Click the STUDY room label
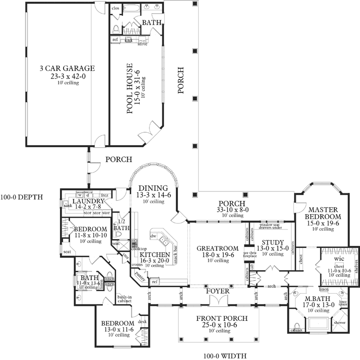270,242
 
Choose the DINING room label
153,188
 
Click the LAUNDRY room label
87,201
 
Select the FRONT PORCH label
218,318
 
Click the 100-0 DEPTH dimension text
22,197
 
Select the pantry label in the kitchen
140,280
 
